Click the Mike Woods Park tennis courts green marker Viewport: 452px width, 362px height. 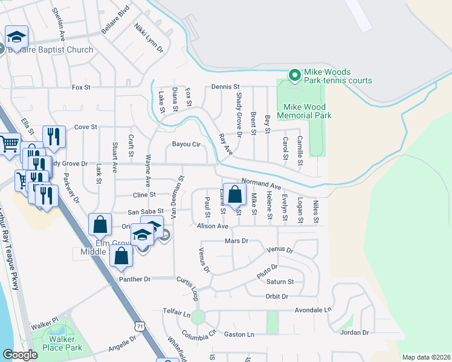pyautogui.click(x=294, y=75)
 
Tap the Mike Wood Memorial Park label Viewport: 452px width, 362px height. pyautogui.click(x=305, y=111)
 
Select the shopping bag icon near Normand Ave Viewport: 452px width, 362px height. pyautogui.click(x=235, y=195)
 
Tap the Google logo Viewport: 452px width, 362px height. pyautogui.click(x=20, y=355)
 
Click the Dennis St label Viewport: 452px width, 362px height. pyautogui.click(x=226, y=87)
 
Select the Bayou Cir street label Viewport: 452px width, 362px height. pyautogui.click(x=186, y=144)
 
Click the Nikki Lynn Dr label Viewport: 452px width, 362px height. pyautogui.click(x=149, y=38)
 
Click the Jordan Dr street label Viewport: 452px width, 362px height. pyautogui.click(x=354, y=332)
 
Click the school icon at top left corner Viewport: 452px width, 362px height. pyautogui.click(x=17, y=37)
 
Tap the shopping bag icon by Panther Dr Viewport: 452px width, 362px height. pyautogui.click(x=121, y=256)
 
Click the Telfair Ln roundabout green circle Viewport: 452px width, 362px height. pyautogui.click(x=199, y=317)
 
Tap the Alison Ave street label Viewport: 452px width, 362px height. pyautogui.click(x=212, y=226)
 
